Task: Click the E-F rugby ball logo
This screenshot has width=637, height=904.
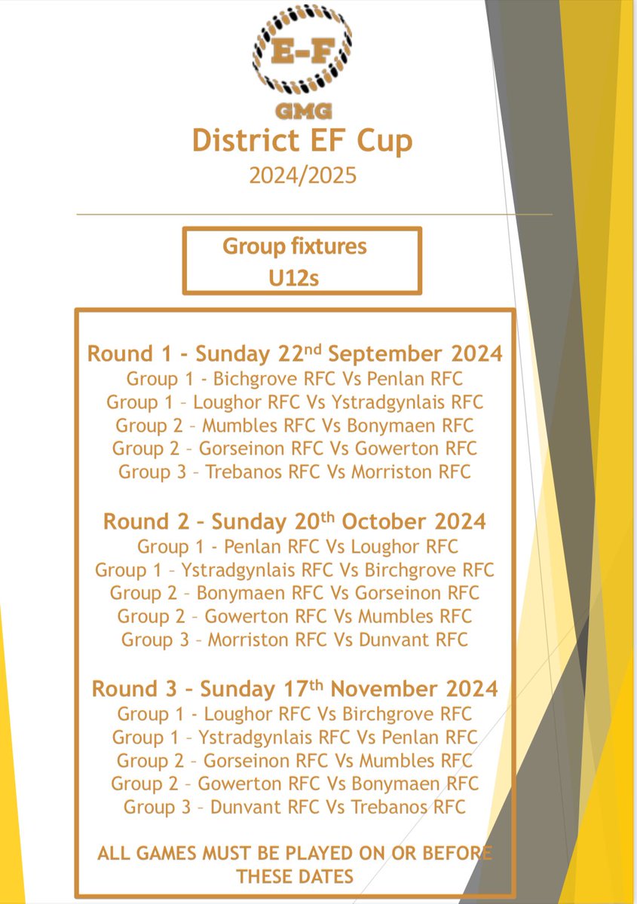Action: (302, 52)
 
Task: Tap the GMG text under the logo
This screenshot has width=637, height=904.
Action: (302, 111)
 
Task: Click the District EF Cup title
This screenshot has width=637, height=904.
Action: (302, 142)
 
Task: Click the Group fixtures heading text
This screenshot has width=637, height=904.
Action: (294, 247)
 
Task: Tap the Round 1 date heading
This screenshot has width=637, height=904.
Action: (295, 353)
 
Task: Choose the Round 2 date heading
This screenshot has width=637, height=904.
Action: (295, 521)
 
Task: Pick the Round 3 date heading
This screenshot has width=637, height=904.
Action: (295, 689)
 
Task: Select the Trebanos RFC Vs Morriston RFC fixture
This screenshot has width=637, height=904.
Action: (295, 472)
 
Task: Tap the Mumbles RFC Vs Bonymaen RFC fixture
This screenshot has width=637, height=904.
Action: (295, 426)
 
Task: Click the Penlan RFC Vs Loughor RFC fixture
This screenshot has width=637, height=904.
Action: (295, 546)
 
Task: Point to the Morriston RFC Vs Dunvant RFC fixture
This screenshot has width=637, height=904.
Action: (295, 640)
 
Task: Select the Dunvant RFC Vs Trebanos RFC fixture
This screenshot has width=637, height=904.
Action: (295, 808)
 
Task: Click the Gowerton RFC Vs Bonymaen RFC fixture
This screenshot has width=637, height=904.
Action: (295, 783)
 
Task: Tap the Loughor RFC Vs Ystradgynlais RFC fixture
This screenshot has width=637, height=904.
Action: (295, 402)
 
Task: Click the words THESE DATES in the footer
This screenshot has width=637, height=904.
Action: (295, 876)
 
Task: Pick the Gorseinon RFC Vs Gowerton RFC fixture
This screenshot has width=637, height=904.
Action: (295, 449)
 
